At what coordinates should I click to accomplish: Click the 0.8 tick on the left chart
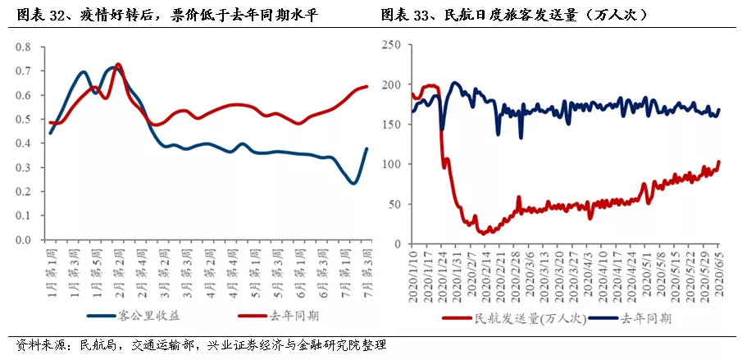point(23,47)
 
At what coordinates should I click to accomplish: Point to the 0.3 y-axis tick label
point(23,167)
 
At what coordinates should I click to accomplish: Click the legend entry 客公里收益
point(136,316)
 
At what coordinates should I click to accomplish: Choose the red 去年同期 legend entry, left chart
point(278,316)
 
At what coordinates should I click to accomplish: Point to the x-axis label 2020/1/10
point(412,275)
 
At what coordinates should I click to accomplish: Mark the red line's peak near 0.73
point(118,64)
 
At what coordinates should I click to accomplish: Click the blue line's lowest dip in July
point(353,184)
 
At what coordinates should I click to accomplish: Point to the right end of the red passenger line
point(719,162)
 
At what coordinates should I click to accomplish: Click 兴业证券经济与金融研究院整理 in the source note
point(298,344)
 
